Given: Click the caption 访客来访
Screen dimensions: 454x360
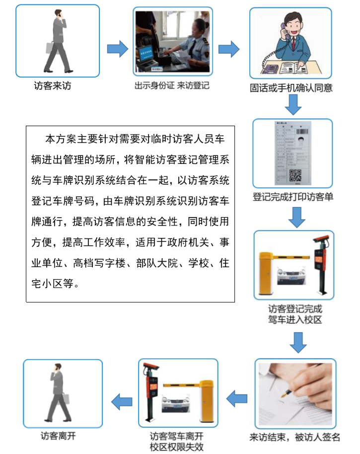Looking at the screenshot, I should pos(53,86).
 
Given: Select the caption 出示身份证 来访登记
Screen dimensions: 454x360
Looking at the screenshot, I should pos(172,85).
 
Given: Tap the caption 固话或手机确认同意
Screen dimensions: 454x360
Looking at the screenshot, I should pos(291,88).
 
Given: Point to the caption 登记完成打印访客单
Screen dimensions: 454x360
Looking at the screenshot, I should pos(293,197).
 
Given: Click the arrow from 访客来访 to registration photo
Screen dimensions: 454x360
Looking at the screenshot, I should pos(117,48).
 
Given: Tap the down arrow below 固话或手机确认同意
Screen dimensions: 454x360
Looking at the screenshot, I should pos(293,104).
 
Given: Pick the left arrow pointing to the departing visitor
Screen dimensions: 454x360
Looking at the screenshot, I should pos(122,401).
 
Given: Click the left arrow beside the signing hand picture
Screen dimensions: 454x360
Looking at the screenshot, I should pos(237,398).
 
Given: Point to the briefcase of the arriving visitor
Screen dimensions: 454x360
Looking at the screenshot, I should pos(50,48).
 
